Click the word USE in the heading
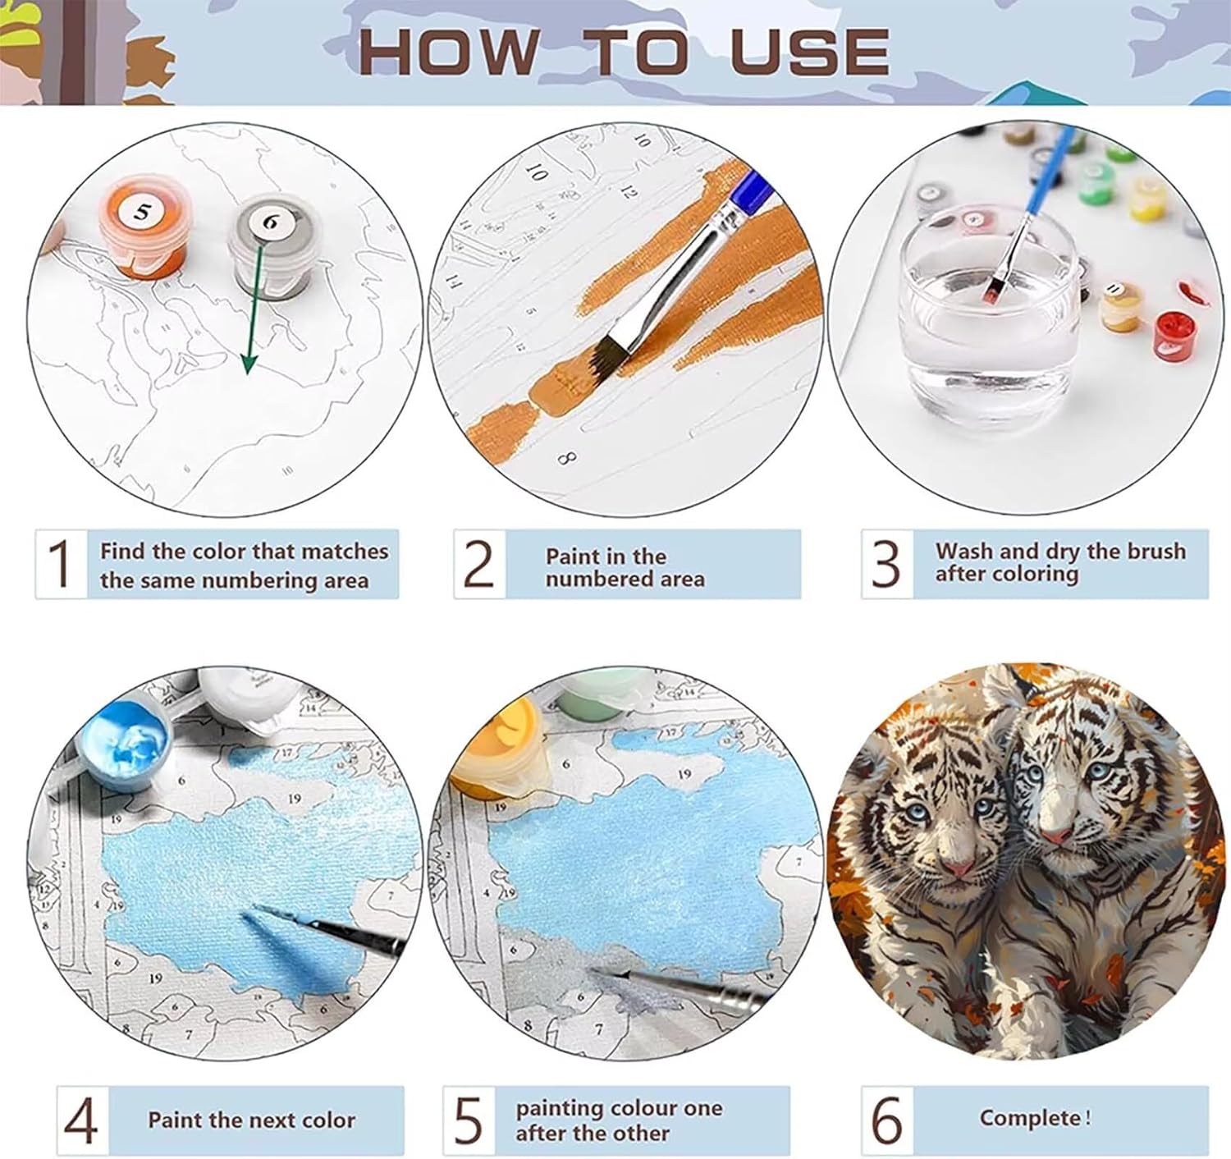(x=809, y=51)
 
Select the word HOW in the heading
(x=448, y=51)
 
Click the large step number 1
(x=60, y=563)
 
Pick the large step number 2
(x=478, y=564)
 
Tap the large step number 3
(x=885, y=564)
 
